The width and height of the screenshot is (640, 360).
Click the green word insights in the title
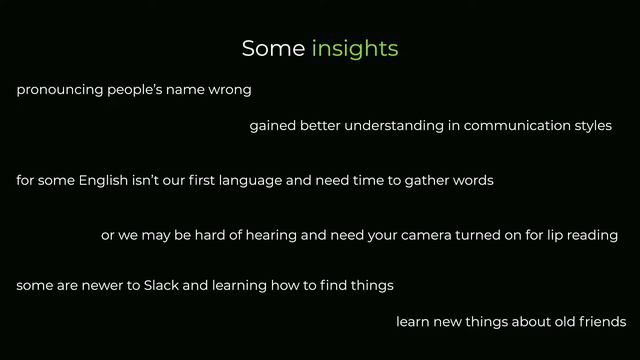pyautogui.click(x=355, y=48)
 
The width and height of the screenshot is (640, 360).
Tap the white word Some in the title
pyautogui.click(x=273, y=48)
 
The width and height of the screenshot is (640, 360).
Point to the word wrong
pyautogui.click(x=229, y=90)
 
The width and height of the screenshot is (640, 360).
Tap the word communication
pyautogui.click(x=512, y=126)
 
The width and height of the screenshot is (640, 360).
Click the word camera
pyautogui.click(x=426, y=236)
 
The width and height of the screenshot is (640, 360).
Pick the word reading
pyautogui.click(x=595, y=236)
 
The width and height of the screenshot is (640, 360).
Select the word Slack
pyautogui.click(x=161, y=286)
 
